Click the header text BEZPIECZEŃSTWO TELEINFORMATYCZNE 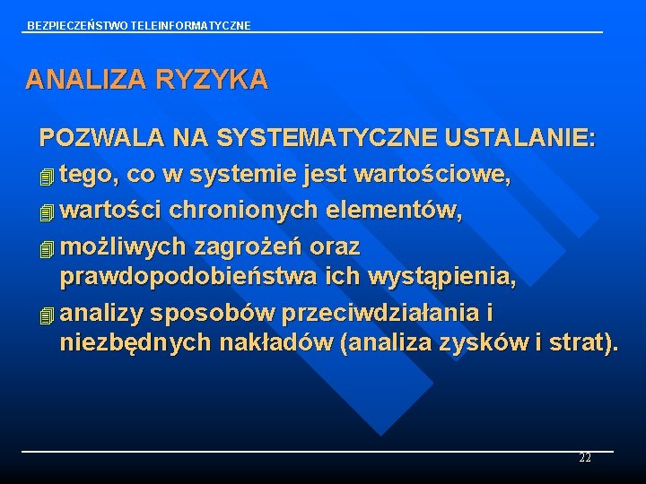139,26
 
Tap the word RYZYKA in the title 212,80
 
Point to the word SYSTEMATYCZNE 327,138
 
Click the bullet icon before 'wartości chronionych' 48,212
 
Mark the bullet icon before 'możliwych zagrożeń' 48,247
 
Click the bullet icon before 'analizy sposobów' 48,315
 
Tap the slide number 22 585,458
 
